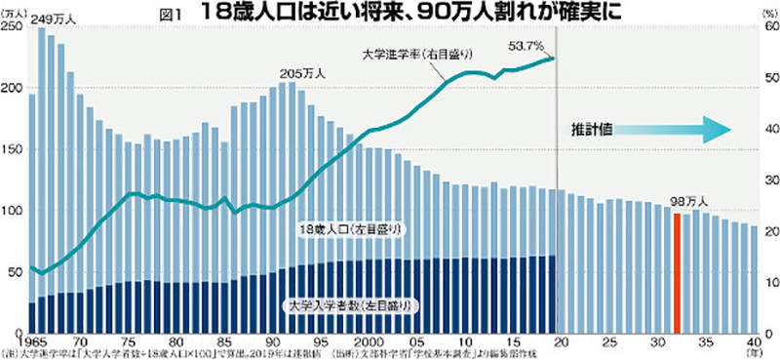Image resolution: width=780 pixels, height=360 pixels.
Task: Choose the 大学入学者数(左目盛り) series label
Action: pyautogui.click(x=348, y=306)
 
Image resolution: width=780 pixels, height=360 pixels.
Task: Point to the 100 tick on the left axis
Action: pyautogui.click(x=14, y=211)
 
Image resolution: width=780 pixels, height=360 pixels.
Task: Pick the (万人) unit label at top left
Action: pyautogui.click(x=16, y=14)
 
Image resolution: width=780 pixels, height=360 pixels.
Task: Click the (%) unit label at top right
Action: pyautogui.click(x=767, y=14)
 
